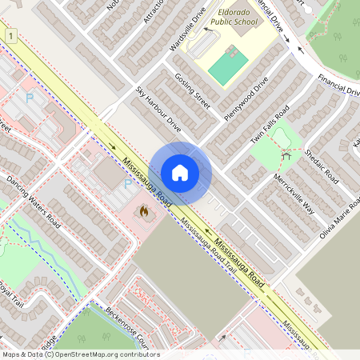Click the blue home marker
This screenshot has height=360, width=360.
pyautogui.click(x=180, y=173)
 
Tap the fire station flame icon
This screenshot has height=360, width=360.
pyautogui.click(x=144, y=212)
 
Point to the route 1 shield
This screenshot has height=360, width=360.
pyautogui.click(x=10, y=37)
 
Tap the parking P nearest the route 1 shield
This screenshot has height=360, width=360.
pyautogui.click(x=30, y=98)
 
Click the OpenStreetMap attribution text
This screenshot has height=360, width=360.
pyautogui.click(x=80, y=354)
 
